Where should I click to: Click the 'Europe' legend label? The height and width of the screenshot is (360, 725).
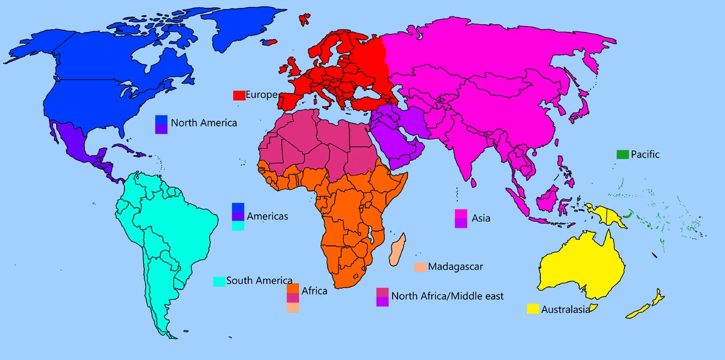261,95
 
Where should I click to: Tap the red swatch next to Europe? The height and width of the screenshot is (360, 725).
239,95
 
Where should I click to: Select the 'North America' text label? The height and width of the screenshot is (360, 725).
204,123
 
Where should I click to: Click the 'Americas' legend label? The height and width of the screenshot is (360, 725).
267,216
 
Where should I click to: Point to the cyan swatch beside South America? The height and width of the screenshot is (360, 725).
219,281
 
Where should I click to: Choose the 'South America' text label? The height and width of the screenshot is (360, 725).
259,281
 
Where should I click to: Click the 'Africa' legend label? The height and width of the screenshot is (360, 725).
314,291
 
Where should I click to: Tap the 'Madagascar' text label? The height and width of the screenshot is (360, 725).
455,266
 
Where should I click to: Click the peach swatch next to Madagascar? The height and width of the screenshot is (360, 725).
420,266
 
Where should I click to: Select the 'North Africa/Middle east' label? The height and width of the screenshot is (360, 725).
447,296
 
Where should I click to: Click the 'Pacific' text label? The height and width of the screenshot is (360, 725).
645,155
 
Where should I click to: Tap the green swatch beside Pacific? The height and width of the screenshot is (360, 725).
622,155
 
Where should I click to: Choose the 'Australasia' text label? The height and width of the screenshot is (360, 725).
565,310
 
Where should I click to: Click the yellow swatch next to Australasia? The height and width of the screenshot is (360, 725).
532,309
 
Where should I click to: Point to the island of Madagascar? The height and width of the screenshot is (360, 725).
397,252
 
